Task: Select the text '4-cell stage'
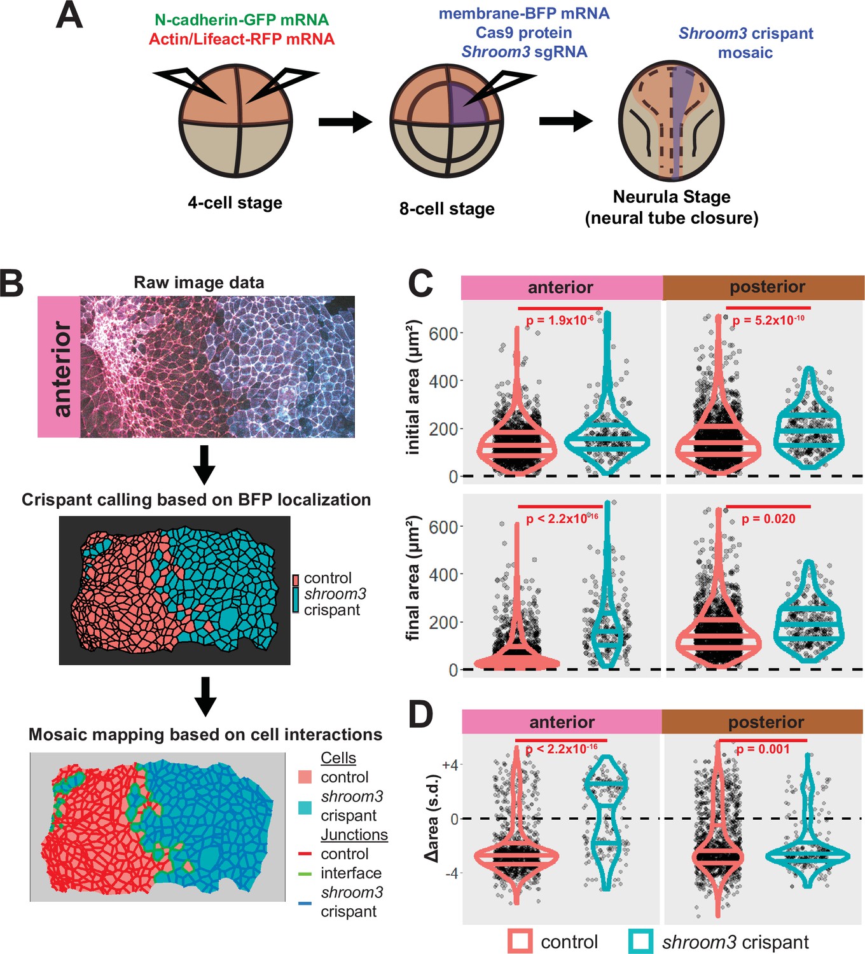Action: (x=235, y=203)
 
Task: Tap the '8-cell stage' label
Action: (x=446, y=209)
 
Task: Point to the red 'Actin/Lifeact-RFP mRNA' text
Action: (x=242, y=39)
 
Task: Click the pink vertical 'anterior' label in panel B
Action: (x=59, y=367)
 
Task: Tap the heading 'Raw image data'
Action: (x=198, y=282)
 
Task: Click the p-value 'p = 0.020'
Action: (x=768, y=519)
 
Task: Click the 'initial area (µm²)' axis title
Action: (x=414, y=387)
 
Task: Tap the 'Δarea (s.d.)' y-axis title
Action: (x=433, y=818)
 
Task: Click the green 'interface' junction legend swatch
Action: (x=305, y=873)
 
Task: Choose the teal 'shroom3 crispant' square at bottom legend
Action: (x=641, y=941)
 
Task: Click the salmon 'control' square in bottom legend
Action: (x=520, y=941)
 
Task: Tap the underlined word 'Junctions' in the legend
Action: (x=354, y=834)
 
